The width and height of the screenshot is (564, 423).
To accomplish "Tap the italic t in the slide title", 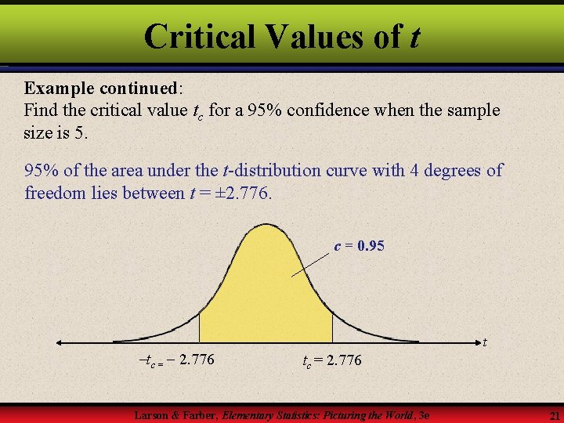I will tap(414, 37).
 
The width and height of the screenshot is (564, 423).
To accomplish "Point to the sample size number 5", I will tap(81, 132).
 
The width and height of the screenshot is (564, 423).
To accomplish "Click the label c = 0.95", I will tap(359, 246).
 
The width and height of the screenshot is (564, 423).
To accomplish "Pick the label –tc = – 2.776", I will tap(176, 360).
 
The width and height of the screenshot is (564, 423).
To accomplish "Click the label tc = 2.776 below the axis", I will tap(332, 360).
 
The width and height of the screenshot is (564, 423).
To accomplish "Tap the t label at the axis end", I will tap(486, 342).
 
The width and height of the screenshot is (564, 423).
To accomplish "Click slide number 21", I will tap(553, 414).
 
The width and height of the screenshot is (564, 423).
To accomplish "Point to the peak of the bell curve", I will tap(266, 226).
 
